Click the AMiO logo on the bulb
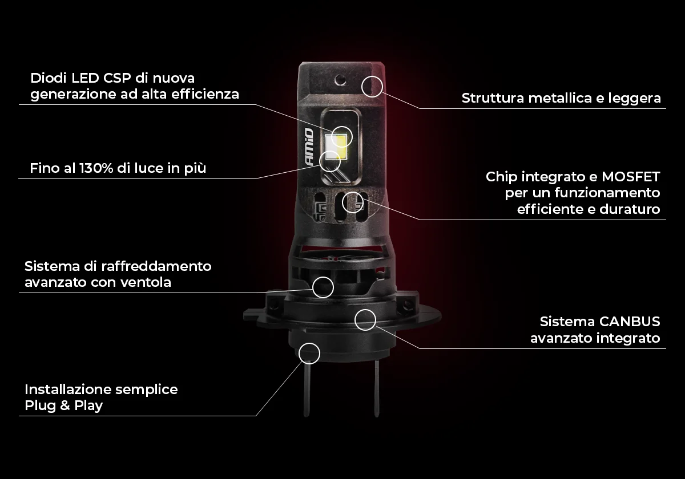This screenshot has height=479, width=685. [309, 147]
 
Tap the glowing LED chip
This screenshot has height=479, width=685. [336, 147]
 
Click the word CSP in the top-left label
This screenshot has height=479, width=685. [117, 78]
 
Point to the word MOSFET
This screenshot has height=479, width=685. [631, 177]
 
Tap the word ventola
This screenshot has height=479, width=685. [146, 282]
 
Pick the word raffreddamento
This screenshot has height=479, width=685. [156, 266]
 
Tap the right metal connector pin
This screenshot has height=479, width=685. [377, 388]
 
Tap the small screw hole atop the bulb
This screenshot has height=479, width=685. [340, 80]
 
